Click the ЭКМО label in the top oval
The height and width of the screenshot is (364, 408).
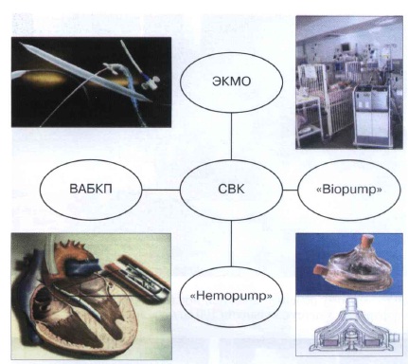tap(232, 82)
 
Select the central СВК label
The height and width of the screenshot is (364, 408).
tap(231, 189)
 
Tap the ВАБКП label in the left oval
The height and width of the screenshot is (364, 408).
tap(91, 189)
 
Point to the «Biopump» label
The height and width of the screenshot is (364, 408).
tap(348, 190)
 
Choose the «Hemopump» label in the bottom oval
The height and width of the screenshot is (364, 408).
tap(231, 296)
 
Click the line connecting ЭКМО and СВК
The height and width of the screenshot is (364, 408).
tap(231, 136)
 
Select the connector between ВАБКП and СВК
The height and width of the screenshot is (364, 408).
tap(161, 190)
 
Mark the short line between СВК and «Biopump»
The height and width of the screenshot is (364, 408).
tap(290, 190)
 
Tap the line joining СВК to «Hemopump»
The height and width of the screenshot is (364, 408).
tap(231, 244)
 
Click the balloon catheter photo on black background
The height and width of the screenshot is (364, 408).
tap(92, 82)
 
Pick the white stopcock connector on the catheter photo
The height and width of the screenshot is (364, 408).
tap(149, 82)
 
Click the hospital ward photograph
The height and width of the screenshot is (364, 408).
tap(349, 82)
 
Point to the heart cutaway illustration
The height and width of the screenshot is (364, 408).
tap(92, 296)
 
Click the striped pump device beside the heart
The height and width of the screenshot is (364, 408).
tap(139, 278)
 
